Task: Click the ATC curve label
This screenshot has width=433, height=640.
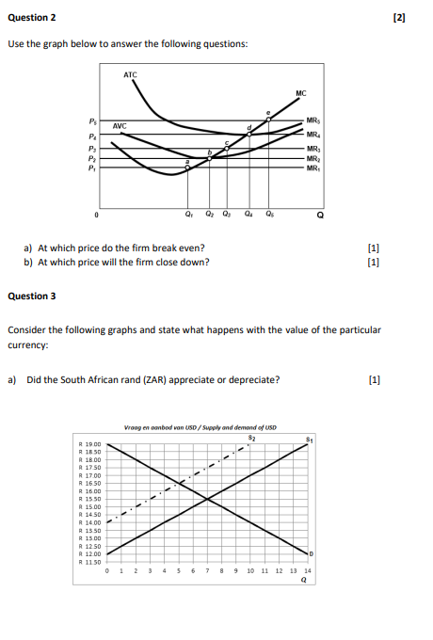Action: coord(130,73)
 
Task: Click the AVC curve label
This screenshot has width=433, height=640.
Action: coord(120,125)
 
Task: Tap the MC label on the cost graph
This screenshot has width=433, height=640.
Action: coord(300,92)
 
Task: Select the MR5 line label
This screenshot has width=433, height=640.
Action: coord(313,120)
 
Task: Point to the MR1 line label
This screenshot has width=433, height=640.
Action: coord(313,168)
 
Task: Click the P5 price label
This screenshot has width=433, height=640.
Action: coord(92,120)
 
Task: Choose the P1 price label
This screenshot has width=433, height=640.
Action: coord(92,169)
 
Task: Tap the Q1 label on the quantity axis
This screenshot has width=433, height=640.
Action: coord(190,212)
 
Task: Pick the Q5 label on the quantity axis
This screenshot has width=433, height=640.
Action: coord(269,212)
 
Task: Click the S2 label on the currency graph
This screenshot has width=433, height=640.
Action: coord(250,437)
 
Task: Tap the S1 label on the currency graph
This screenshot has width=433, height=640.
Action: coord(308,440)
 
